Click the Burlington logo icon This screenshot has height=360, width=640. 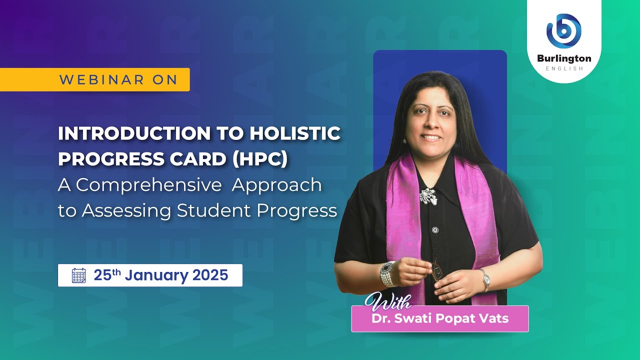[564, 31]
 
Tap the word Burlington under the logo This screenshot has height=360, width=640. [564, 58]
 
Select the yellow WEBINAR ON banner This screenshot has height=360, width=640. [95, 79]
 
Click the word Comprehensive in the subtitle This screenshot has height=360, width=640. [149, 185]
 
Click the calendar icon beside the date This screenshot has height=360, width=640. [79, 275]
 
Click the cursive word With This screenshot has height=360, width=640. [387, 302]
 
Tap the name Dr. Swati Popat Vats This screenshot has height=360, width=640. [440, 318]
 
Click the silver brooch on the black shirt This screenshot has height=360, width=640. [428, 196]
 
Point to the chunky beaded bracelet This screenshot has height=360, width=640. [387, 273]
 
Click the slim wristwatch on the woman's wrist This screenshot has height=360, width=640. [484, 280]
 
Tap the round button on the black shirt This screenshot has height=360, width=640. [435, 230]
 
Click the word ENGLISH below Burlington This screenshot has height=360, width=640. [564, 68]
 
